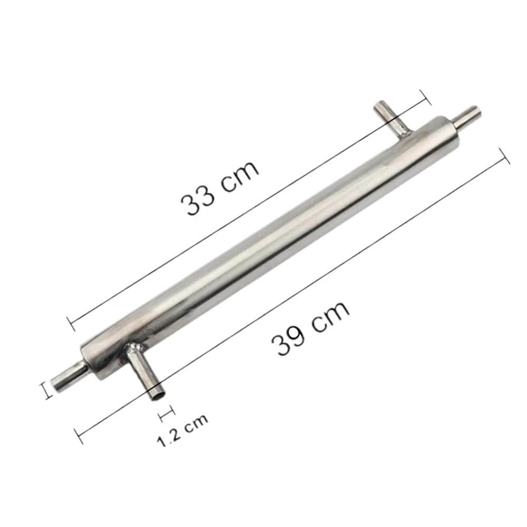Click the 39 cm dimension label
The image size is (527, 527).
pos(310,327)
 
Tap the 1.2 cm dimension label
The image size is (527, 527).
pos(182,431)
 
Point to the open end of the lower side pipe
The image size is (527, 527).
pos(157,394)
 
